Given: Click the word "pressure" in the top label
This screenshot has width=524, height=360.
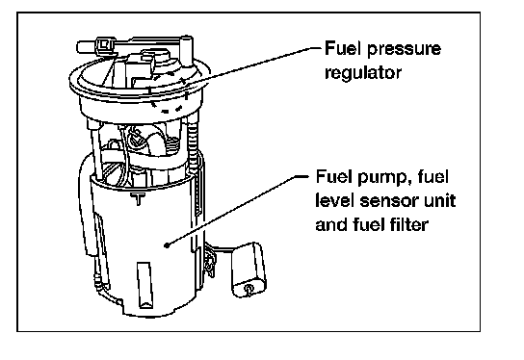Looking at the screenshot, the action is [404, 50].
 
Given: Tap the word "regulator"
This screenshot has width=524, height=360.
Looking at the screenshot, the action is [363, 73].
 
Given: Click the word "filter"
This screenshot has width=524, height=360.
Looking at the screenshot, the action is [408, 224].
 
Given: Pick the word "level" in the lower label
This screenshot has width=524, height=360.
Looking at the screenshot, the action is [335, 201].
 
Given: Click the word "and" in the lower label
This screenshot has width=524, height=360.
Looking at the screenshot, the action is [332, 224].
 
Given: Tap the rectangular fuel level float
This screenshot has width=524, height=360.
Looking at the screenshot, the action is [249, 270].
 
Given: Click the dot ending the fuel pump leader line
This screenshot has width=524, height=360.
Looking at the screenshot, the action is [167, 245].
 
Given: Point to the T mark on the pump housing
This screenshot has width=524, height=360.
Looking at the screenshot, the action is [138, 198].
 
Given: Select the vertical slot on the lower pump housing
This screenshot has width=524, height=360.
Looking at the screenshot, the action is [145, 285].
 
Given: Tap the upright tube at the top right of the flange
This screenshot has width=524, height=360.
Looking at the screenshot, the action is [187, 51].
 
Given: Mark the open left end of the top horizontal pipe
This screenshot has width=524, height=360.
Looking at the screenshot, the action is [79, 47].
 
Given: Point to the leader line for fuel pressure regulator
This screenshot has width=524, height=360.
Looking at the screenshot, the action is [253, 65].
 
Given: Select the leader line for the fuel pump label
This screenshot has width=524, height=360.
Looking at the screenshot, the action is [237, 211].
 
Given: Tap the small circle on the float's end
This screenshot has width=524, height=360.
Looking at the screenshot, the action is [249, 288].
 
